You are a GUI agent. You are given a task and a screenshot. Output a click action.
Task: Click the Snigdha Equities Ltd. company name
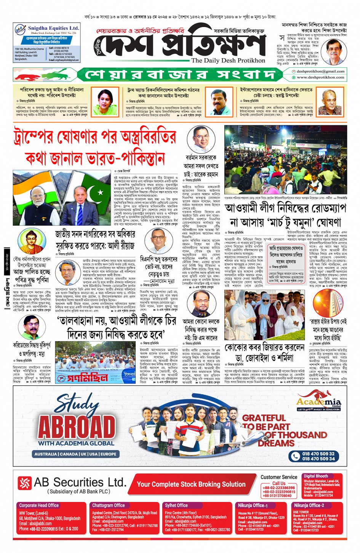[53, 28]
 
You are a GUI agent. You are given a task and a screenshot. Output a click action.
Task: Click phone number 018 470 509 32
[318, 454]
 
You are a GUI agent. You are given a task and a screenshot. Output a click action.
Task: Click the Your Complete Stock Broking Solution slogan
[191, 484]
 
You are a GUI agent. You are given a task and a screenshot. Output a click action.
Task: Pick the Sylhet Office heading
[176, 505]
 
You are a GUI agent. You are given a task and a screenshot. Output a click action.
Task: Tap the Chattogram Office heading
[108, 505]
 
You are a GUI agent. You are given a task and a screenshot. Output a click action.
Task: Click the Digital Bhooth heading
[315, 476]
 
